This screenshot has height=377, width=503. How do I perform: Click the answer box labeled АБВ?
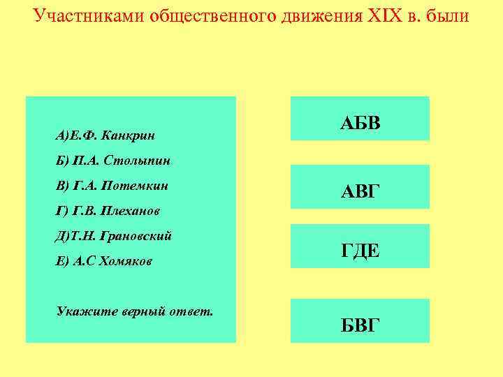point(360,119)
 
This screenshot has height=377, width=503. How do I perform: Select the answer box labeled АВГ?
point(360,187)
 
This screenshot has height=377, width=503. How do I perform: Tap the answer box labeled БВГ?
point(360,320)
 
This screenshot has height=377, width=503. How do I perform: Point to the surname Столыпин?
point(137,161)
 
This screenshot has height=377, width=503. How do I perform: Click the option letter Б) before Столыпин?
point(61,161)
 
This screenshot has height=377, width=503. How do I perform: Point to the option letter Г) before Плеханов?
point(61,211)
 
